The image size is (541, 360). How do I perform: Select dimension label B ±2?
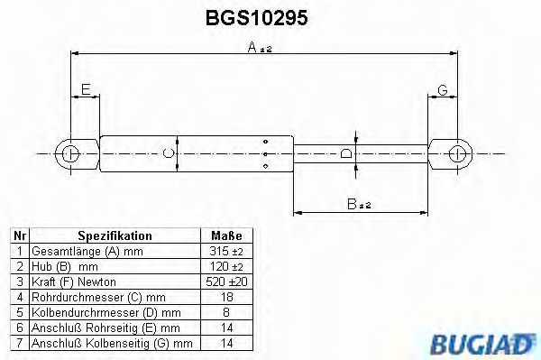pyautogui.click(x=359, y=205)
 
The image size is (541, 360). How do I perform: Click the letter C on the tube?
pyautogui.click(x=167, y=153)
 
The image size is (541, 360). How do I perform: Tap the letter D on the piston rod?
pyautogui.click(x=346, y=153)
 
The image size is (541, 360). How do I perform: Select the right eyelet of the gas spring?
pyautogui.click(x=460, y=153)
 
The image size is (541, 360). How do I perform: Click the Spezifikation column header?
pyautogui.click(x=115, y=235)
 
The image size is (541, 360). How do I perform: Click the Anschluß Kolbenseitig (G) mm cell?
pyautogui.click(x=112, y=343)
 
